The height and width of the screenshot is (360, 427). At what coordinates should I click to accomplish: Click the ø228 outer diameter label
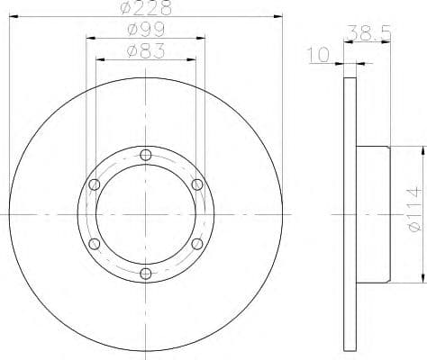point(146,9)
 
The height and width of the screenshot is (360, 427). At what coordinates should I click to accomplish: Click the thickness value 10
point(317,56)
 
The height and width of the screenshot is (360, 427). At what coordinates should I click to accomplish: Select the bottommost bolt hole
point(146,274)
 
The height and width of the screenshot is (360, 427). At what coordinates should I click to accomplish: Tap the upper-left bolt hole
point(95,184)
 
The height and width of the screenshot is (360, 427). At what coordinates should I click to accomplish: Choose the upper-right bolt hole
point(197,184)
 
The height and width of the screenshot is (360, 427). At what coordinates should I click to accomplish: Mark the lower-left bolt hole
point(95,244)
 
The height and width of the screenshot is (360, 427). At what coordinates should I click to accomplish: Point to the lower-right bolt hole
point(197,244)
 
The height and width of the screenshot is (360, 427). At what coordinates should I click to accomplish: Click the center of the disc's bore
point(146,214)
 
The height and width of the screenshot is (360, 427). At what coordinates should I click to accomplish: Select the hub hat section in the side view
point(373,214)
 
